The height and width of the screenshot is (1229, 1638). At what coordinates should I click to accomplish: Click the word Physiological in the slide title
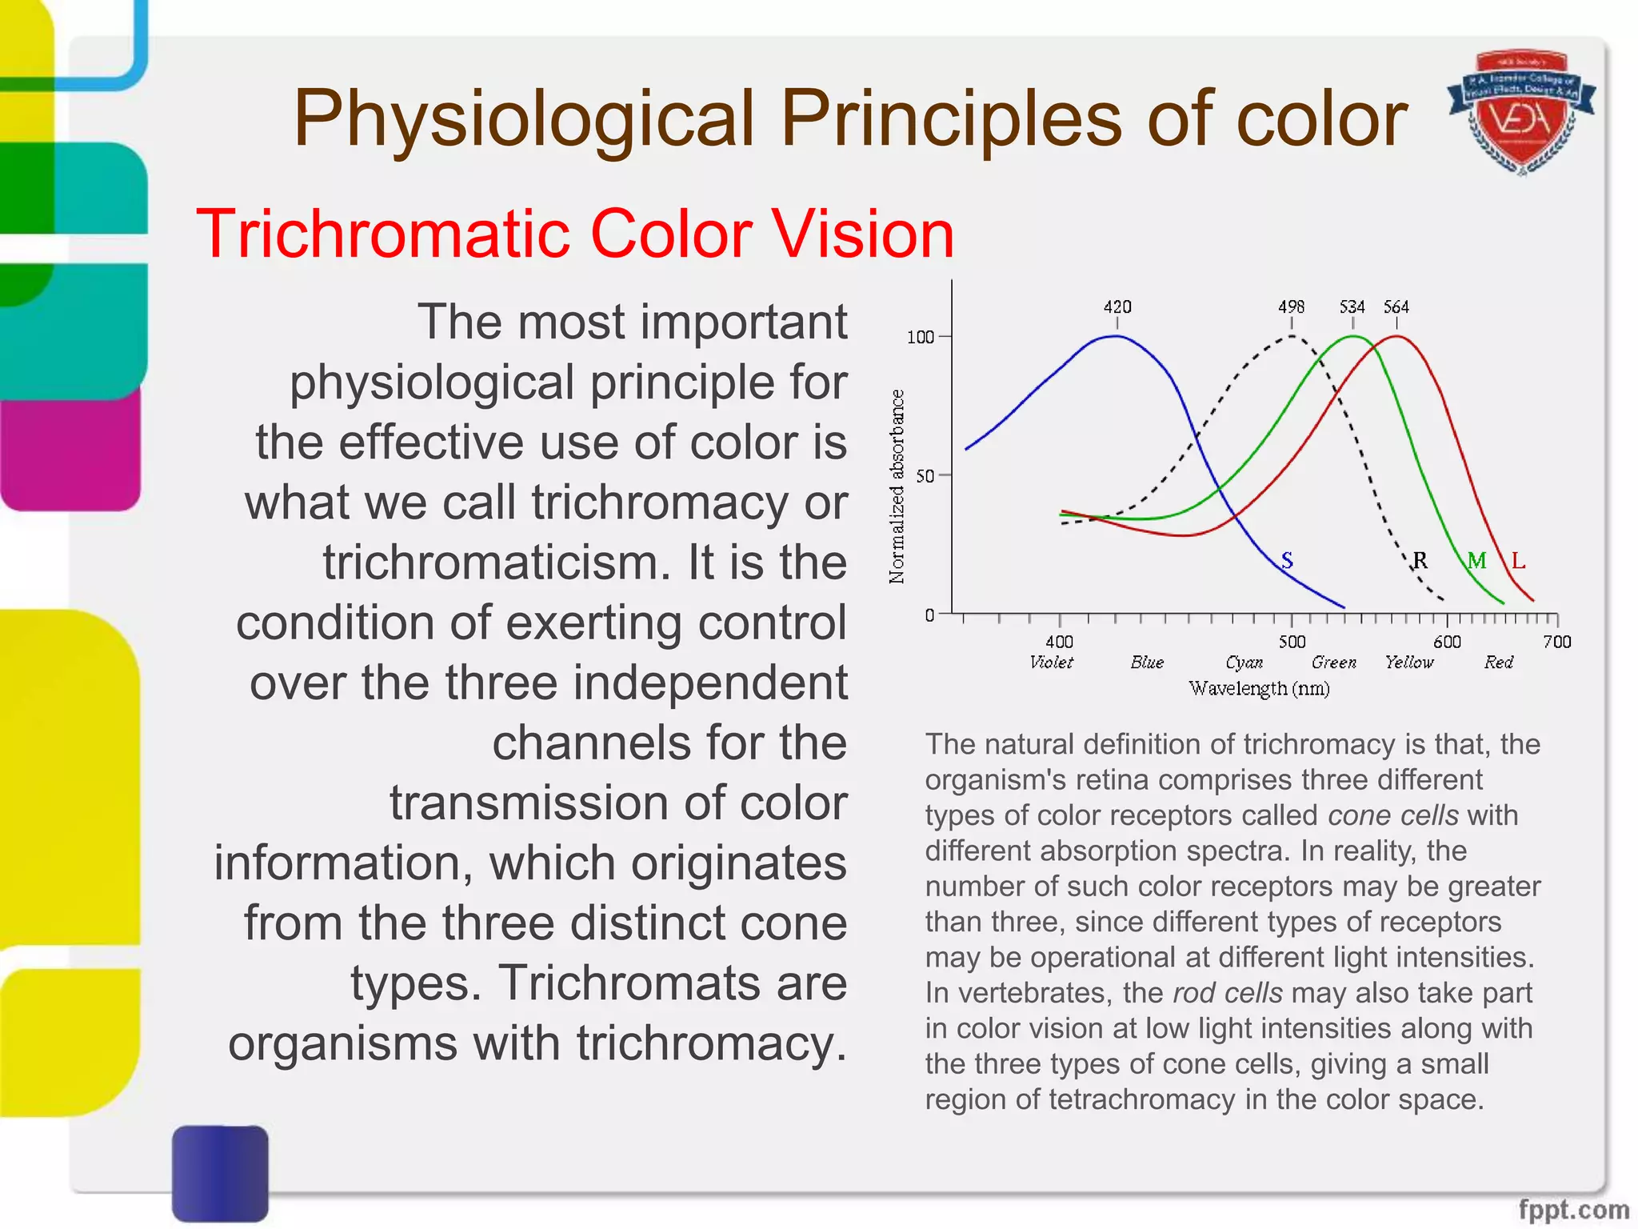click(x=523, y=120)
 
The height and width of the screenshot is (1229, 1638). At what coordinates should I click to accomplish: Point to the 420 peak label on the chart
click(x=1117, y=306)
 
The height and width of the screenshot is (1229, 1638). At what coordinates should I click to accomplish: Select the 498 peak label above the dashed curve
click(x=1291, y=306)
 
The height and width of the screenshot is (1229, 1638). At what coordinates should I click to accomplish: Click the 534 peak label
click(x=1352, y=306)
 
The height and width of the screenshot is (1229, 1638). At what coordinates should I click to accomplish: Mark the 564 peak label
click(x=1396, y=306)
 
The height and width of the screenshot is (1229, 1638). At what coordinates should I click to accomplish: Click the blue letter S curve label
click(x=1287, y=560)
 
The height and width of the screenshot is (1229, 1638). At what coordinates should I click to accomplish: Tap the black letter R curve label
click(x=1420, y=560)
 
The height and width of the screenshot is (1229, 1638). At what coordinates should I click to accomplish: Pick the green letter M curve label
click(x=1476, y=560)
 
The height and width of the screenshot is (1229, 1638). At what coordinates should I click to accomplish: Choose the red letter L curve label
click(x=1518, y=560)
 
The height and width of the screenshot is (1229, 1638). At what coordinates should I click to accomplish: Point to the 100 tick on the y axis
click(x=921, y=337)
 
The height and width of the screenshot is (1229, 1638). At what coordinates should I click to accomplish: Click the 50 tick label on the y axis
click(x=925, y=476)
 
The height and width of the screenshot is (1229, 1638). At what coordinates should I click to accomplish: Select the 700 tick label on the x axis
click(x=1557, y=642)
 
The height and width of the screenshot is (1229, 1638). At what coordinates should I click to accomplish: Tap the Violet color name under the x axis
click(x=1051, y=663)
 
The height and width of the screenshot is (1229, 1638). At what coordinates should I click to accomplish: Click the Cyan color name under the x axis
click(x=1244, y=663)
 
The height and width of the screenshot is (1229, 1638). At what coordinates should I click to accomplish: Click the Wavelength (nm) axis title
click(x=1259, y=688)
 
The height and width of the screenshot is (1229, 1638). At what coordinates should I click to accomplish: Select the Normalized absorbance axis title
click(x=897, y=486)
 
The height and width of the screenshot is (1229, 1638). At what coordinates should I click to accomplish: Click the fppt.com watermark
click(x=1573, y=1208)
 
